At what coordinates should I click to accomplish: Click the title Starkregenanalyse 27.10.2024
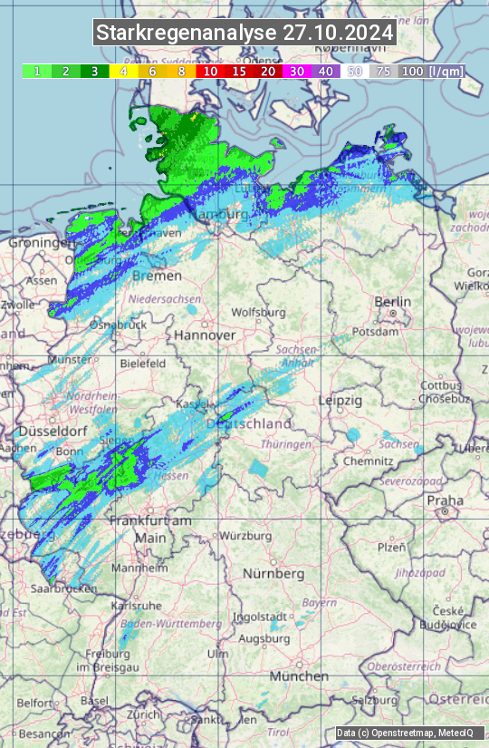click(x=244, y=34)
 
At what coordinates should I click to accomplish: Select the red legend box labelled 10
click(x=210, y=71)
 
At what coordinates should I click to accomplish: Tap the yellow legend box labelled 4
click(x=123, y=71)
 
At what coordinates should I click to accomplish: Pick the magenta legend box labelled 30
click(x=297, y=71)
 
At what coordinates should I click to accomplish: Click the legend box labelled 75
click(x=384, y=71)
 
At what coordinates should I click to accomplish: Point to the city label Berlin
click(x=392, y=302)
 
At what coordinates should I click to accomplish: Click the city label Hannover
click(x=205, y=335)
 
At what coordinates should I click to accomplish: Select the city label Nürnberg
click(x=273, y=574)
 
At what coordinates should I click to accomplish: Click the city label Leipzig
click(x=340, y=400)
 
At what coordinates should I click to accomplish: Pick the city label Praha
click(x=445, y=500)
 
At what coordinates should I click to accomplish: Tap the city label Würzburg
click(x=245, y=536)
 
